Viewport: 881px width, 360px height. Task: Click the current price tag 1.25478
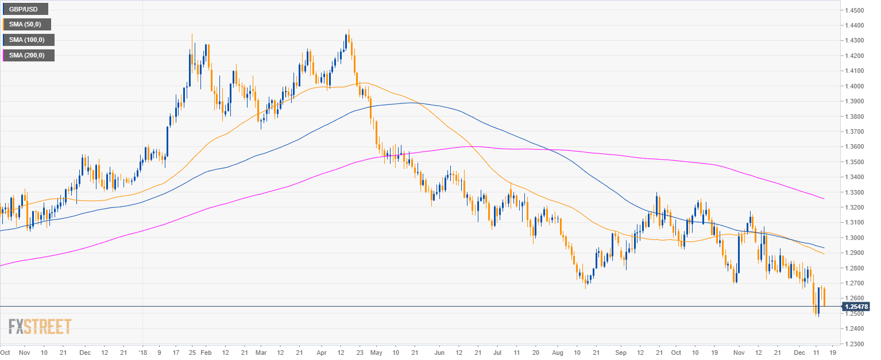(856, 307)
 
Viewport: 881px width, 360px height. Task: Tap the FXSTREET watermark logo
(40, 326)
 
